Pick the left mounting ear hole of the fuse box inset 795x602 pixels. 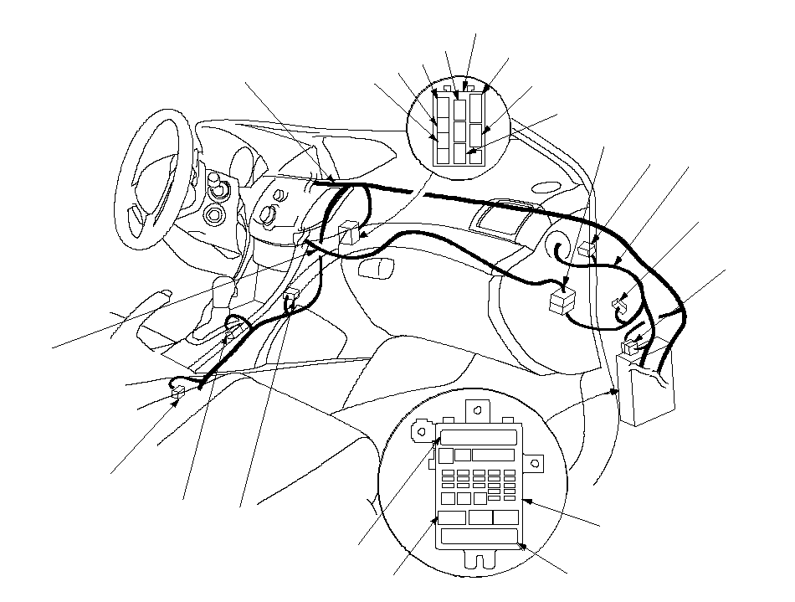tap(420, 432)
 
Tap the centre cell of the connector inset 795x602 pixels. tap(458, 131)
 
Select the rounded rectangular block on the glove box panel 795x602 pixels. tap(374, 268)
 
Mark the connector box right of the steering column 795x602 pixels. tap(350, 232)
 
